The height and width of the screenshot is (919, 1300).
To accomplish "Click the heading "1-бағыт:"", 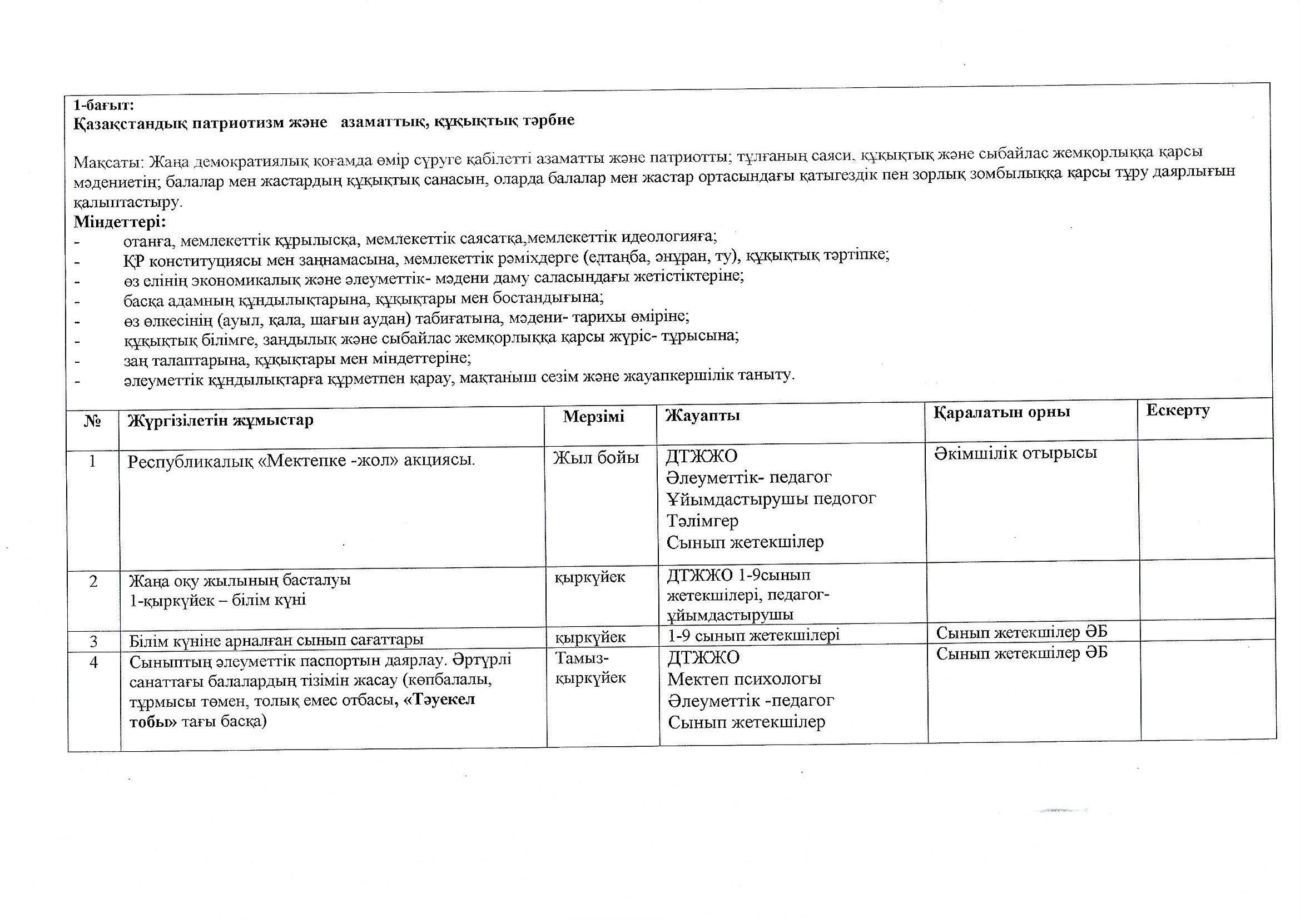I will (x=103, y=105).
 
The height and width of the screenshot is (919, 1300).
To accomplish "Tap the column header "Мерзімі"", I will (x=593, y=417).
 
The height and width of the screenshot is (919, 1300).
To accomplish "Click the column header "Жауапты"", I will (x=703, y=416).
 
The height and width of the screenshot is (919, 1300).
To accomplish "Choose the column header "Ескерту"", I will (x=1178, y=410).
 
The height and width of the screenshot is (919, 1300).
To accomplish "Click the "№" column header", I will (x=92, y=422).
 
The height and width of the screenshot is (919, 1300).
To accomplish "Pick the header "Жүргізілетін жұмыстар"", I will (x=221, y=421).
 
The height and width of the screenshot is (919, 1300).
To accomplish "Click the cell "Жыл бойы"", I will (x=596, y=457).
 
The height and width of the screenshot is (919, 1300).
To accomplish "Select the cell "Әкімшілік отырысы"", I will (x=1015, y=453).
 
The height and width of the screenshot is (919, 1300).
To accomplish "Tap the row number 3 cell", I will (x=93, y=641).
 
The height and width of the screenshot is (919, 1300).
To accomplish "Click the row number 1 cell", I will (x=92, y=461).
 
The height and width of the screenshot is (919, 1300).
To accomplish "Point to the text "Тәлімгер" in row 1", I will (x=702, y=521).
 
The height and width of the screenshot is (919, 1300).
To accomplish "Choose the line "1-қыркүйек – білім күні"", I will (x=218, y=600).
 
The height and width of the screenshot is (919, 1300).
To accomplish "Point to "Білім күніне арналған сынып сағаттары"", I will (x=276, y=640).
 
